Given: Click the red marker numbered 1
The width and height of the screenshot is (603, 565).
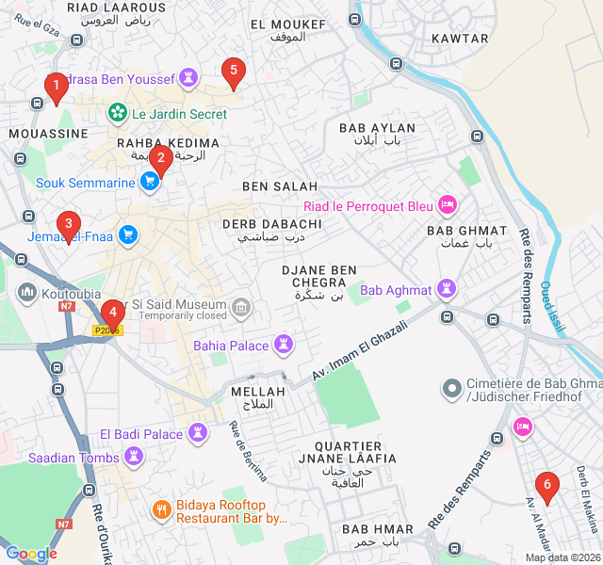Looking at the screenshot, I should pyautogui.click(x=56, y=89).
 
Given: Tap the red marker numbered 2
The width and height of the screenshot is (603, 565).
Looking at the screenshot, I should pyautogui.click(x=161, y=158).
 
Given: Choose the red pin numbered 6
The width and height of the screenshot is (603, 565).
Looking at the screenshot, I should pyautogui.click(x=546, y=486).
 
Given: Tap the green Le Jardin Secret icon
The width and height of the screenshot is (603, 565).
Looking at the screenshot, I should pyautogui.click(x=118, y=113).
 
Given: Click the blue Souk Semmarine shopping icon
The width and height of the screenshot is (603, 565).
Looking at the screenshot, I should pyautogui.click(x=149, y=183).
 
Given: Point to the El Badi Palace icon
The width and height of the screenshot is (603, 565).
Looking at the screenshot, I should pyautogui.click(x=197, y=433).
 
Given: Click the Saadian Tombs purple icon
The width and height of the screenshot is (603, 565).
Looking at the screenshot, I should pyautogui.click(x=135, y=458).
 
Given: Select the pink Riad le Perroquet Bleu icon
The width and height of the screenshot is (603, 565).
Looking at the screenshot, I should pyautogui.click(x=448, y=204).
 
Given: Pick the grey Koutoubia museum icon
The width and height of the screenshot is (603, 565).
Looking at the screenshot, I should pyautogui.click(x=25, y=292).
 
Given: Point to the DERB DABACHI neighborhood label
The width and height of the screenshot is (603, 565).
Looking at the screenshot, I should pyautogui.click(x=263, y=224).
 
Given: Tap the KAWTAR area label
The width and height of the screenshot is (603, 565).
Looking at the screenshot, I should pyautogui.click(x=460, y=39).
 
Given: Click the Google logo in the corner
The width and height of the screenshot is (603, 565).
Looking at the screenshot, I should pyautogui.click(x=31, y=554).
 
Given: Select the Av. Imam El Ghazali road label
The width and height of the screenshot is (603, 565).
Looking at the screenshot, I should pyautogui.click(x=361, y=351).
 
